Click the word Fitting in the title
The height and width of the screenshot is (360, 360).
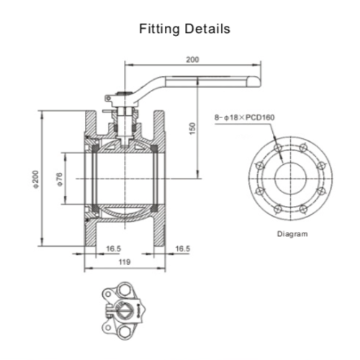click(159, 29)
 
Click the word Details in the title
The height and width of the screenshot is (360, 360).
click(207, 29)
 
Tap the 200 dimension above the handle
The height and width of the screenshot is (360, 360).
click(192, 59)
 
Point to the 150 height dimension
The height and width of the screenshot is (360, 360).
click(192, 128)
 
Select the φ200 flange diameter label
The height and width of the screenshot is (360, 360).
click(35, 179)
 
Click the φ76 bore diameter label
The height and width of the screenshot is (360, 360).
click(60, 179)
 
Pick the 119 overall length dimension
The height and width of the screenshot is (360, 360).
click(125, 262)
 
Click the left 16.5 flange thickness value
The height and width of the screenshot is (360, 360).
click(114, 248)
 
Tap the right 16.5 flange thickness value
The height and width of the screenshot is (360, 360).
click(183, 248)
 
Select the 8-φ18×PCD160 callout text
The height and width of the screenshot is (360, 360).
click(244, 117)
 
